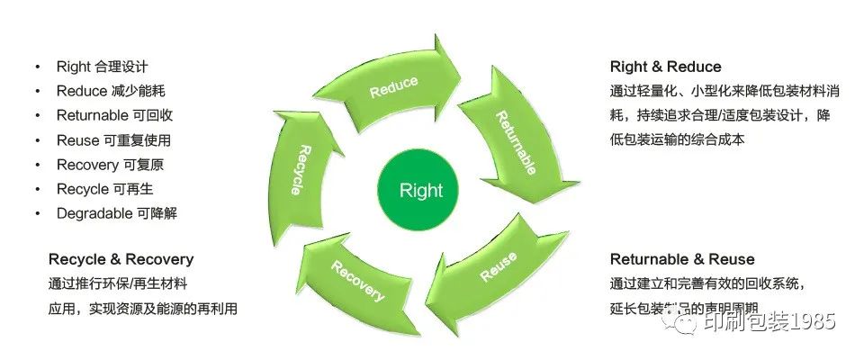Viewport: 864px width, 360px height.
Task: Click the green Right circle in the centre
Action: [421, 190]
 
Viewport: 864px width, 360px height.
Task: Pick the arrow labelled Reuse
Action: [498, 267]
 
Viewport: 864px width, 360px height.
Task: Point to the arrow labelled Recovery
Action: [357, 281]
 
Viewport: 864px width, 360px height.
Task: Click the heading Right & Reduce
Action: [665, 67]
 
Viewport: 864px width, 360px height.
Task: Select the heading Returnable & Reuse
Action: [682, 259]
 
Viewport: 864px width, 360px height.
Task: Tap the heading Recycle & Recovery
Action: [121, 259]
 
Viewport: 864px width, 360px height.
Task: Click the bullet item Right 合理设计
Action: [102, 67]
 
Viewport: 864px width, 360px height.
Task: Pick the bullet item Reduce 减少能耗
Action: [110, 91]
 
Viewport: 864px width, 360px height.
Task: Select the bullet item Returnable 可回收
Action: [114, 115]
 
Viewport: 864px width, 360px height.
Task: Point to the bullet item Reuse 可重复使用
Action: [113, 140]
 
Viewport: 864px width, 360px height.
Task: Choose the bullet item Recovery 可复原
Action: [110, 165]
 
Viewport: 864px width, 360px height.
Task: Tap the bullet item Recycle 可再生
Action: [105, 189]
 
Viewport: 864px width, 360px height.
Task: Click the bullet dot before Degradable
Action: [38, 214]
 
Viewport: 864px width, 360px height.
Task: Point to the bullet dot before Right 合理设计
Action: [38, 67]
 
